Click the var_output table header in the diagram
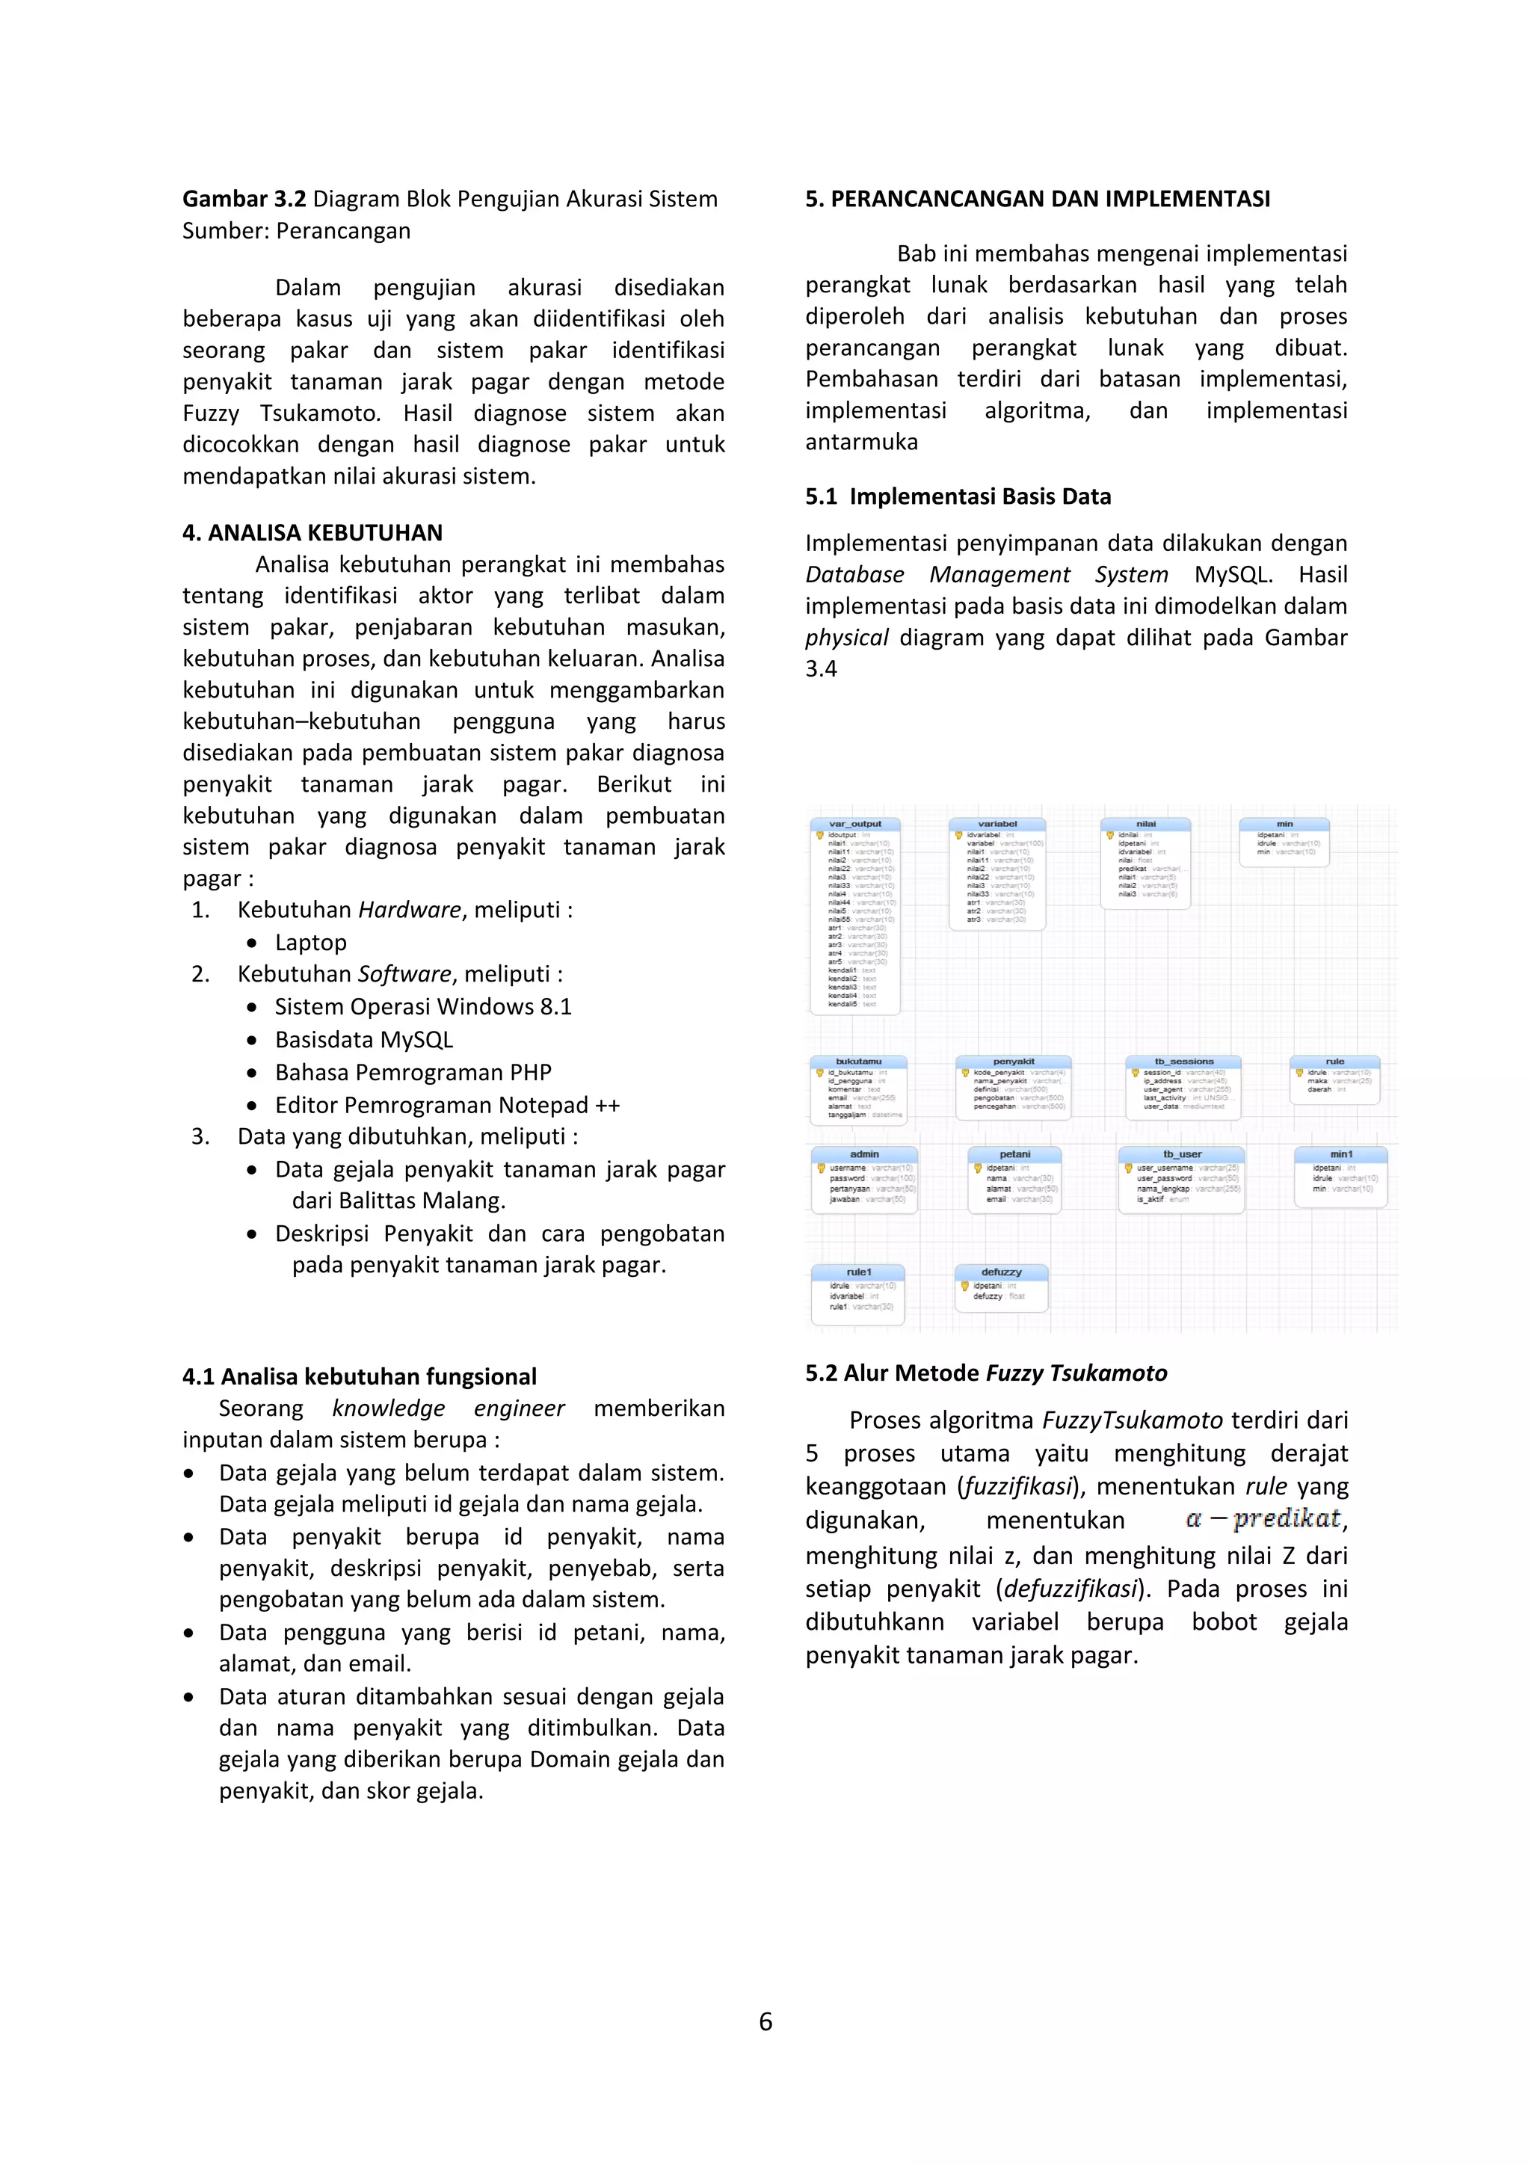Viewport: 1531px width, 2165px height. pyautogui.click(x=855, y=823)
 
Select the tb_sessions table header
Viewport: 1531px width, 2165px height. pyautogui.click(x=1184, y=1061)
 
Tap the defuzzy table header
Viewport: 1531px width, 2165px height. pyautogui.click(x=1000, y=1272)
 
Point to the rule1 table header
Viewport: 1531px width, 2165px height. pyautogui.click(x=858, y=1272)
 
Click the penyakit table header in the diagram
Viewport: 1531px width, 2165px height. pyautogui.click(x=1014, y=1061)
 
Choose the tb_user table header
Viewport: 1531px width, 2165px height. pyautogui.click(x=1181, y=1154)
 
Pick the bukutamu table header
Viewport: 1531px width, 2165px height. pyautogui.click(x=858, y=1061)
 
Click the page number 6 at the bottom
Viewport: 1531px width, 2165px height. pyautogui.click(x=765, y=2021)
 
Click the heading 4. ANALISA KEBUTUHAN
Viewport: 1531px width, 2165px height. pyautogui.click(x=312, y=533)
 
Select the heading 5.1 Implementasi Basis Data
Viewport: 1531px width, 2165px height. pyautogui.click(x=958, y=497)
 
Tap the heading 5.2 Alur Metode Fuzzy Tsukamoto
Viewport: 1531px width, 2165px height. pyautogui.click(x=986, y=1373)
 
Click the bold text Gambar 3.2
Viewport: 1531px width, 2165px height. pyautogui.click(x=244, y=199)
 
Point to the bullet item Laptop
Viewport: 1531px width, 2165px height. pyautogui.click(x=311, y=943)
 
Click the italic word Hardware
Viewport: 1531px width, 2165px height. pyautogui.click(x=409, y=910)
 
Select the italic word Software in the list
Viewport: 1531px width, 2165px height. pyautogui.click(x=404, y=974)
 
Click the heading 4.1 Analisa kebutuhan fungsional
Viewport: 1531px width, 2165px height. pyautogui.click(x=359, y=1377)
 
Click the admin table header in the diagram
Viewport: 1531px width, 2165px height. pyautogui.click(x=863, y=1154)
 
